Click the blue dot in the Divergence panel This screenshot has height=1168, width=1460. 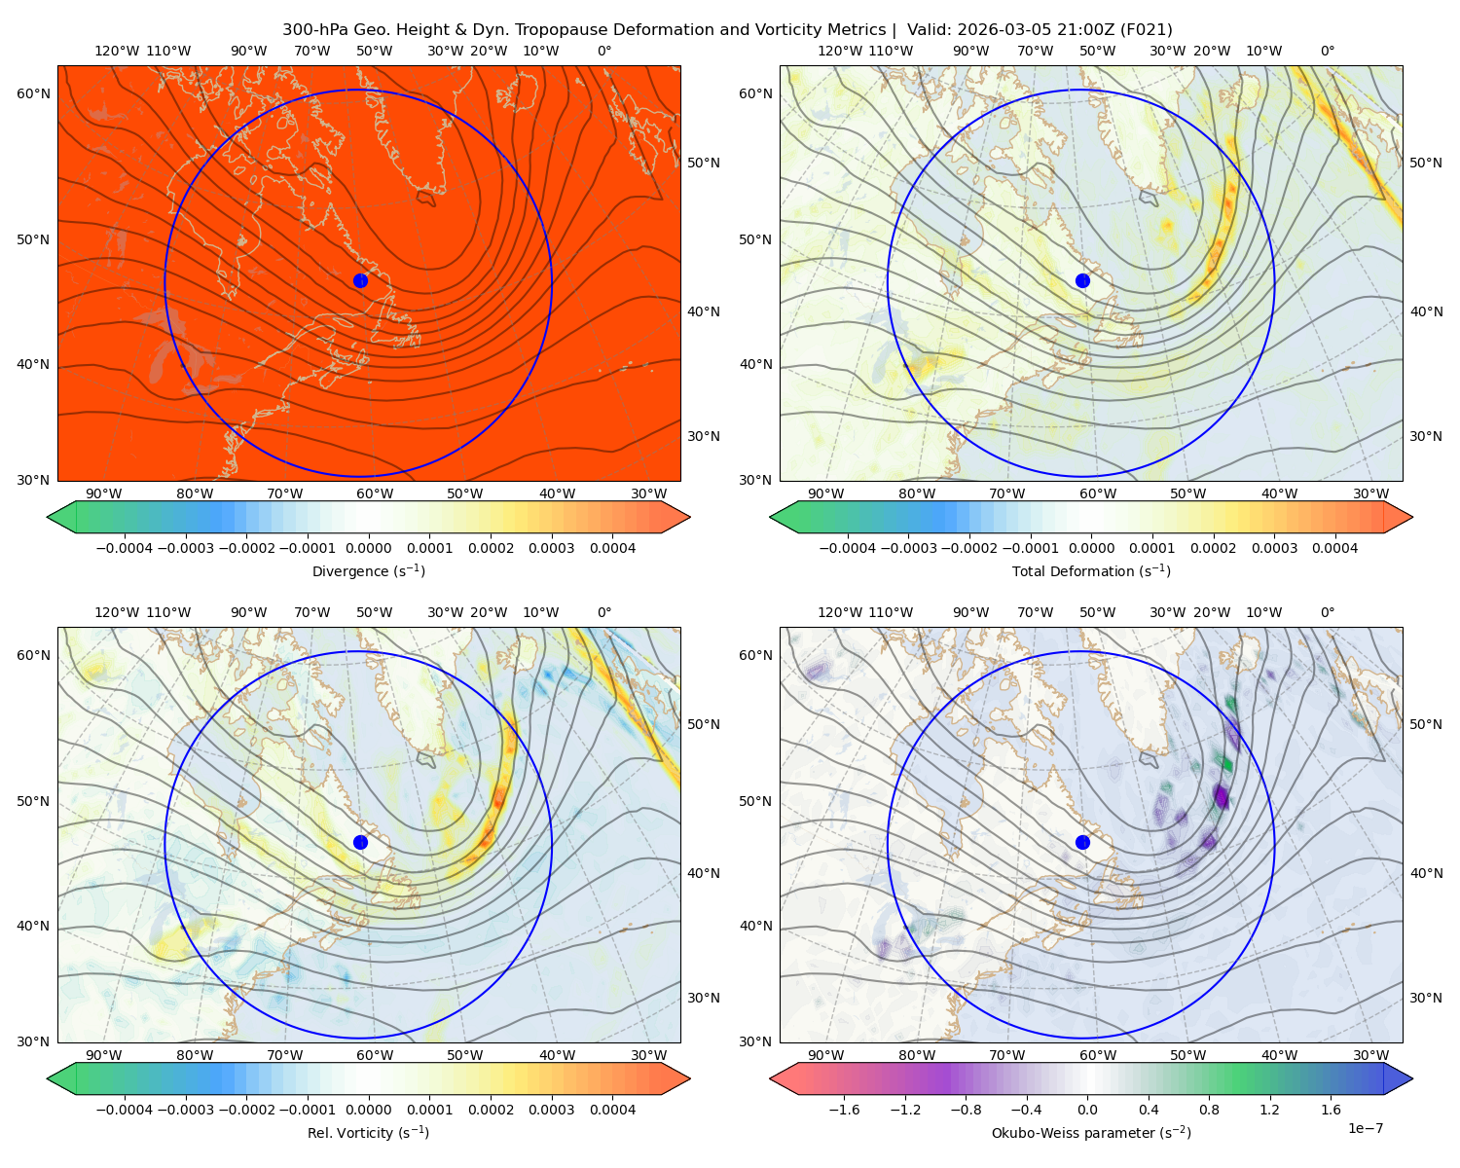pos(360,280)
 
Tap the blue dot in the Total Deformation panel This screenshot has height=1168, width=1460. pos(1082,280)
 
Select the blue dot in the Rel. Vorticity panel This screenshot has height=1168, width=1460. pos(360,842)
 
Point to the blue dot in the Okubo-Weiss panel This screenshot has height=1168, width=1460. pos(1082,842)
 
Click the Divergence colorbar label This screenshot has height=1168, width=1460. pos(368,571)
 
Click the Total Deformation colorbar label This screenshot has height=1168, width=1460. pos(1091,571)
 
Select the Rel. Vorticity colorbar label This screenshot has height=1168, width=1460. pos(368,1133)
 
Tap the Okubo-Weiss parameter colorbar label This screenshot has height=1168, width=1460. pos(1091,1133)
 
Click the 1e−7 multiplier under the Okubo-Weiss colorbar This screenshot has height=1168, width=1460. pos(1365,1128)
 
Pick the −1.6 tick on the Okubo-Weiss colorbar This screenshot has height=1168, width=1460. pos(844,1110)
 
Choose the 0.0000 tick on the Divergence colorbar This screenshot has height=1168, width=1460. pos(368,548)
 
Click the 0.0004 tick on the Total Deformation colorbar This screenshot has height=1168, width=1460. pos(1334,548)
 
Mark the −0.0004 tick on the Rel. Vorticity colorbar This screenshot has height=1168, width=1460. pos(125,1110)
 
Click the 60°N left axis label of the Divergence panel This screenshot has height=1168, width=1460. pos(33,93)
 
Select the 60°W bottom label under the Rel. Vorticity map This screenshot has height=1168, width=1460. pos(375,1055)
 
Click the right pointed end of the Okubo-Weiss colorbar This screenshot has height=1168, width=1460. pos(1412,1078)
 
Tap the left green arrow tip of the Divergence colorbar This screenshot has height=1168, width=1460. pos(48,517)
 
